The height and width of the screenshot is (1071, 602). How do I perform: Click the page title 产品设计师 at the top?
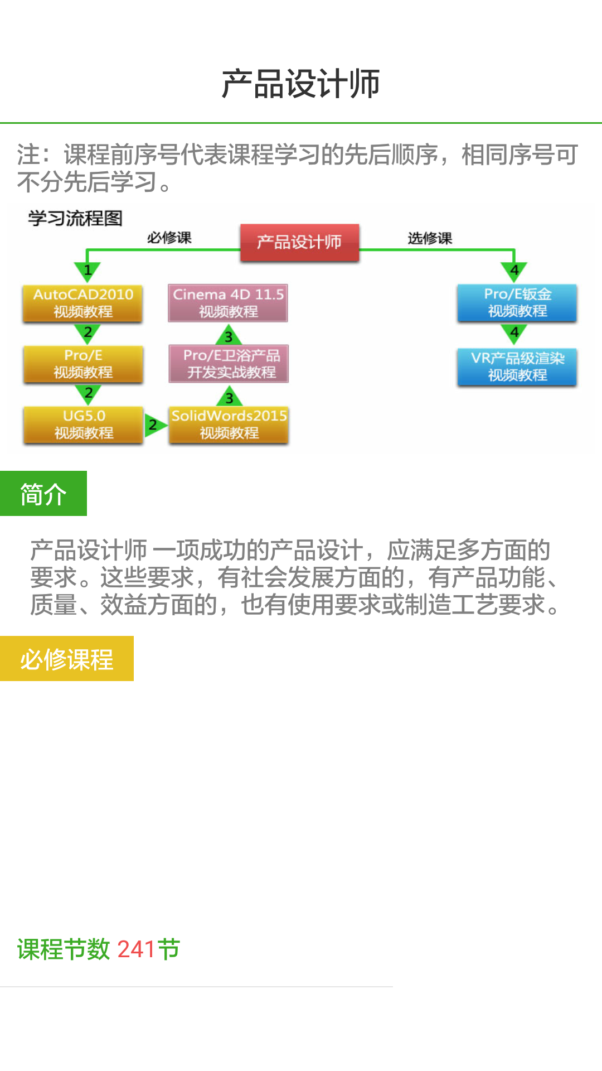coord(301,84)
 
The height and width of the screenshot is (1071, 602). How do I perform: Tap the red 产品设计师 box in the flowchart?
coord(299,242)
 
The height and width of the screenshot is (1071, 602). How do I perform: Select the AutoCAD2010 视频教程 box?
coord(83,303)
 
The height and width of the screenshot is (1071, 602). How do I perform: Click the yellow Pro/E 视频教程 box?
coord(83,364)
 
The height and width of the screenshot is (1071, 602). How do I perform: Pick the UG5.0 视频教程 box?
coord(84,424)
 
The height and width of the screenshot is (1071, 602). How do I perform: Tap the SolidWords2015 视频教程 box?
coord(229,424)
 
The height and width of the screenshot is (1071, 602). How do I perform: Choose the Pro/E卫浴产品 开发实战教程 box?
coord(229,364)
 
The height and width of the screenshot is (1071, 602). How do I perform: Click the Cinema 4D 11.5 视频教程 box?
coord(228,303)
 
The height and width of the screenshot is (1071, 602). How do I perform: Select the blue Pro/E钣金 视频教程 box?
coord(517,302)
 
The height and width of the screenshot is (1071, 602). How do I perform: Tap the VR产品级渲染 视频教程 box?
coord(517,366)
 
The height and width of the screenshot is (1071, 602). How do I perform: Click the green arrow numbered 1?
coord(88,271)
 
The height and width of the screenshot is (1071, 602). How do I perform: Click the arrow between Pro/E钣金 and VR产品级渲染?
coord(514,334)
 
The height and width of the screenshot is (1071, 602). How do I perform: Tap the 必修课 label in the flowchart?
coord(169,238)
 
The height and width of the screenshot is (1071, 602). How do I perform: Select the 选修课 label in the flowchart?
coord(429,238)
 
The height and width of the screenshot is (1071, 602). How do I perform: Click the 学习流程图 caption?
coord(75,218)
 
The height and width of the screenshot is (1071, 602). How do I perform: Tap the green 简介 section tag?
coord(43,494)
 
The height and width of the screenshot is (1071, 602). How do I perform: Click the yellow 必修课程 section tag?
coord(67,659)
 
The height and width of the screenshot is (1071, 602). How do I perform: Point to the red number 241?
coord(136,949)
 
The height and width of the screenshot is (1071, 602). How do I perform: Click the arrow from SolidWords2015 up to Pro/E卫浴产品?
coord(229,397)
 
